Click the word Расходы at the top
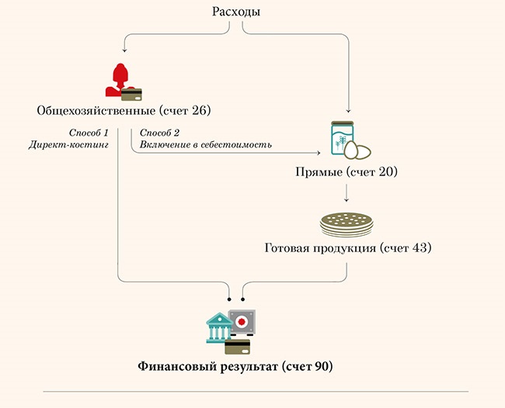pos(235,12)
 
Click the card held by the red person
pos(133,93)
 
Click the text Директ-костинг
pos(68,145)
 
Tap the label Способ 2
pos(159,133)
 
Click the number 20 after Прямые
pos(384,171)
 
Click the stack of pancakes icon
pos(347,222)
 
